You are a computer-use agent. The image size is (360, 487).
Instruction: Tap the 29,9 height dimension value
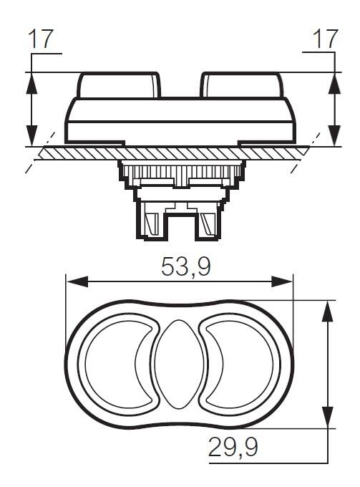(233, 448)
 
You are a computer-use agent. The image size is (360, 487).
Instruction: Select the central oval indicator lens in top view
(180, 363)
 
